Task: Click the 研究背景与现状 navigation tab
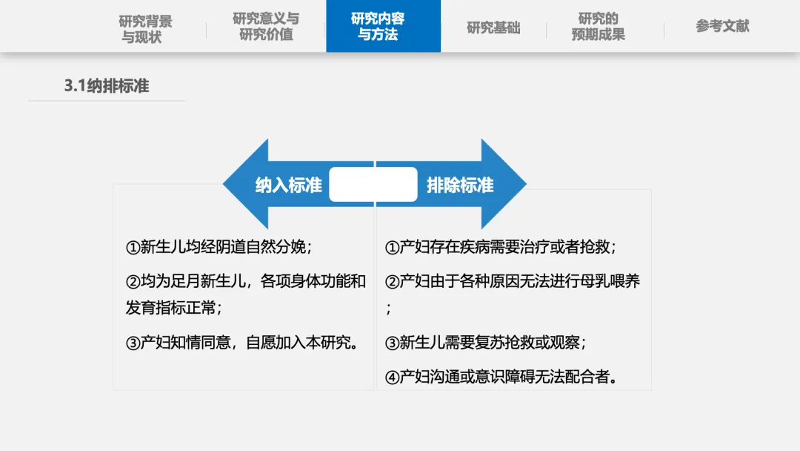[146, 28]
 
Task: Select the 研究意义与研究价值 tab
[266, 27]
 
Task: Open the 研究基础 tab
[493, 28]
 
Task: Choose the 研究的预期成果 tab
[598, 27]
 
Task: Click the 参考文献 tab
[722, 27]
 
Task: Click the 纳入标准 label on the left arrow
[289, 185]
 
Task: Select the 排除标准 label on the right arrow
[460, 185]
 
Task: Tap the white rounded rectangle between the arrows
[373, 185]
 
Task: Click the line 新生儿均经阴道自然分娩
[219, 247]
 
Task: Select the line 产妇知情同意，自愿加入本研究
[243, 343]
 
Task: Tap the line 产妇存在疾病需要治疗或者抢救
[501, 247]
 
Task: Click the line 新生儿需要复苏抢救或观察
[486, 343]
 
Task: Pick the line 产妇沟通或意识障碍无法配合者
[502, 377]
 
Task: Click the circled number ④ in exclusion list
[393, 378]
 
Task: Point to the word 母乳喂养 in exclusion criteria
[610, 281]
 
